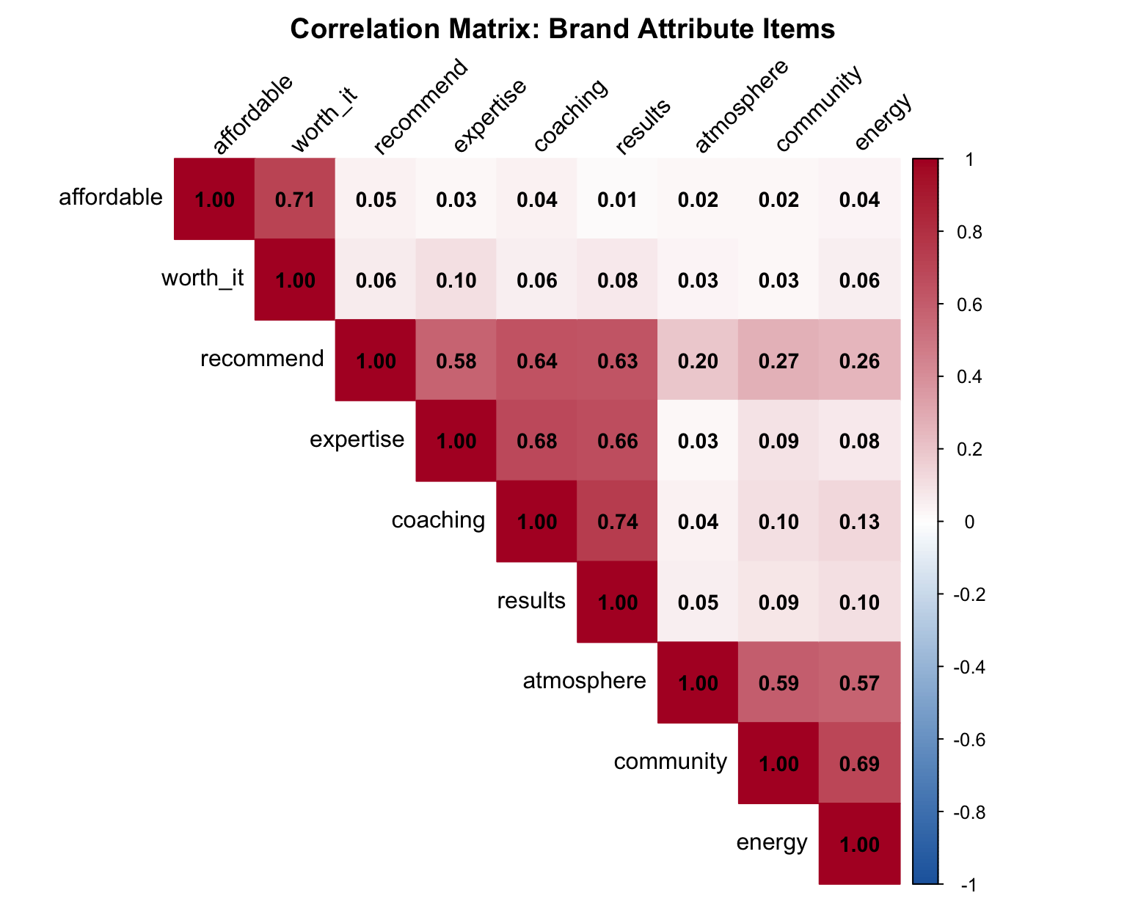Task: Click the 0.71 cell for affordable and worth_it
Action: [295, 200]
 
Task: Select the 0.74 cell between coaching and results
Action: [618, 522]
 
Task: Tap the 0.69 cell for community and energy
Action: [859, 764]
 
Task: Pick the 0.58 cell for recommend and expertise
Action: [456, 361]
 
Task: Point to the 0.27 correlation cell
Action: [778, 361]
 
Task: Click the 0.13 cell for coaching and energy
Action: [859, 522]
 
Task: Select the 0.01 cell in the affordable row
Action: [618, 200]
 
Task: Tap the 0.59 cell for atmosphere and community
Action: [778, 683]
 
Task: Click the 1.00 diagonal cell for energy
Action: [859, 845]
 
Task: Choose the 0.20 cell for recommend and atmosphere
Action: [698, 361]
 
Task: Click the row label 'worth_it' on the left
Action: [203, 279]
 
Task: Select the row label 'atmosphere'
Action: [584, 682]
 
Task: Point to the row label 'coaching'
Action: [438, 520]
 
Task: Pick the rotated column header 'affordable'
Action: [252, 114]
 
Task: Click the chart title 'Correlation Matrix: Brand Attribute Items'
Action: [563, 29]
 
